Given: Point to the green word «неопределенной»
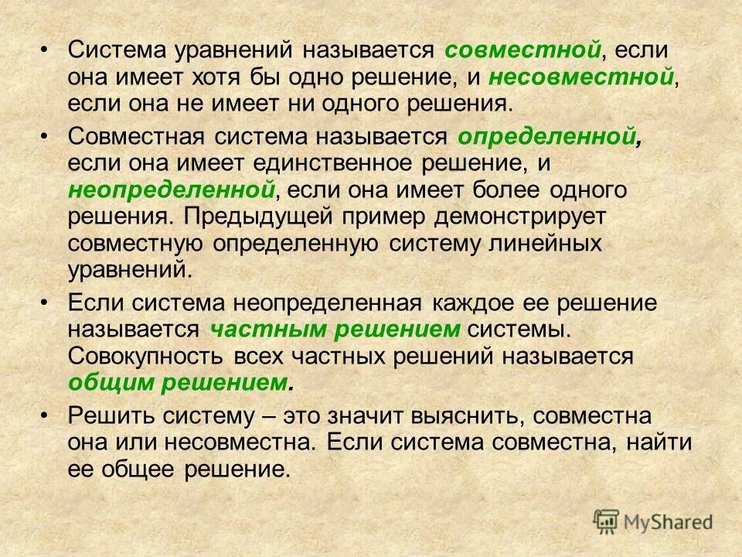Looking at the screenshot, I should click(172, 190).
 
